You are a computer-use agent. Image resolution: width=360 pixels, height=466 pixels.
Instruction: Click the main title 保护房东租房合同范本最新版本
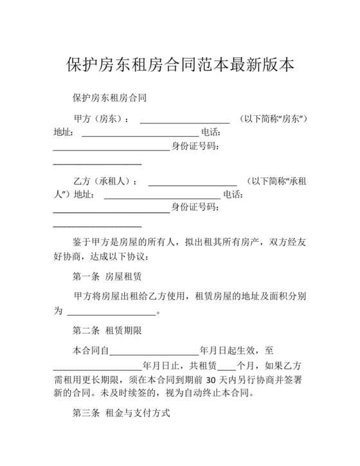pos(180,66)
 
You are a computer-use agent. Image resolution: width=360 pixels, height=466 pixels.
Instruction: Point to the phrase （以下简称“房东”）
pos(273,120)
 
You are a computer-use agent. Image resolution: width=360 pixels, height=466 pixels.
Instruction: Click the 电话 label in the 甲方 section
pos(211,133)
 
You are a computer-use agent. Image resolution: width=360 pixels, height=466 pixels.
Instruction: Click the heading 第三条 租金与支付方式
pos(121,415)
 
